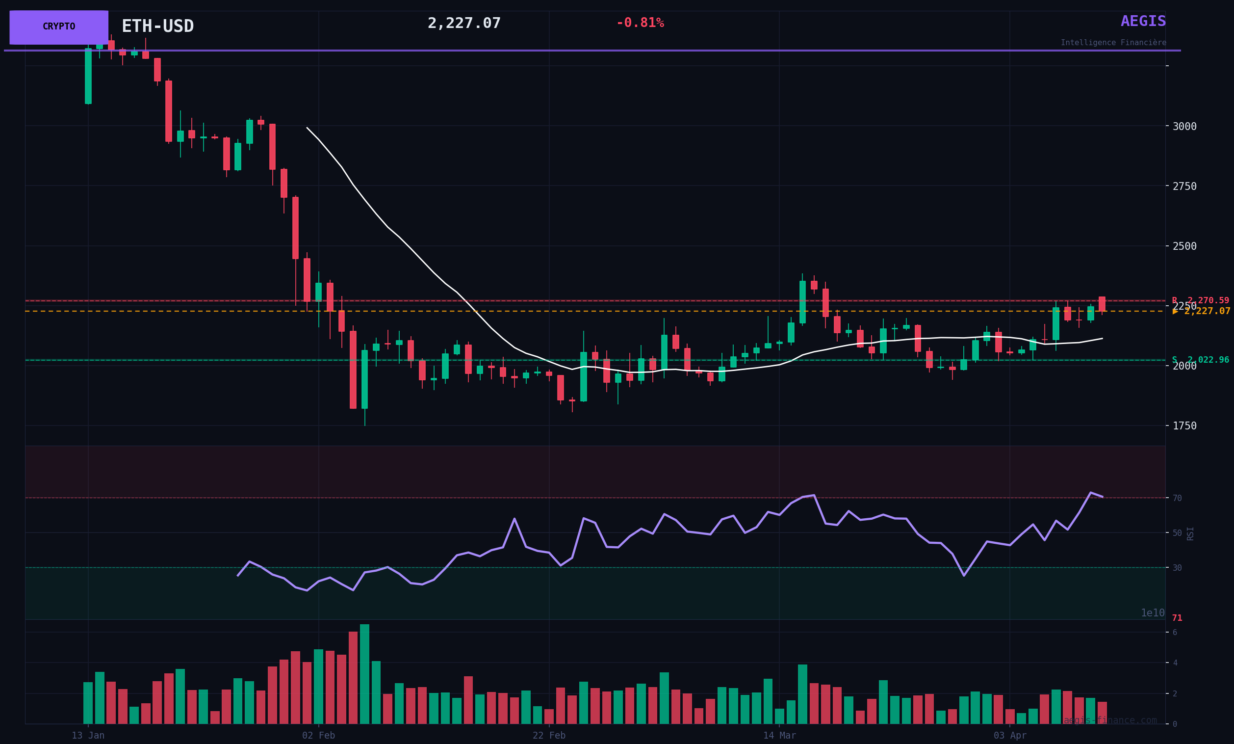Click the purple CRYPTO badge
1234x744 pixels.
coord(58,27)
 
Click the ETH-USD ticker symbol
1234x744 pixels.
coord(157,26)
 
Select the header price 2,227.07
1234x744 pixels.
coord(464,24)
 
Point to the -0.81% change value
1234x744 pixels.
coord(640,23)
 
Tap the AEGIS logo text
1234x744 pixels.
coord(1143,22)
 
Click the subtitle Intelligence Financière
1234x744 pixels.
coord(1113,43)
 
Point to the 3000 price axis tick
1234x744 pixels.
coord(1184,126)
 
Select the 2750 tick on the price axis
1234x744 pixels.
coord(1184,186)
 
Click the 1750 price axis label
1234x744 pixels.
coord(1184,426)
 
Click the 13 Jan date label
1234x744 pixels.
coord(88,736)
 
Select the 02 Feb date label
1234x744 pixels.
coord(318,736)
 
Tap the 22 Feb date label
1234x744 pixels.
coord(549,736)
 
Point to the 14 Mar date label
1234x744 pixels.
coord(779,736)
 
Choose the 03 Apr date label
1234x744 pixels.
coord(1010,736)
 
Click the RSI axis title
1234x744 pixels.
coord(1190,533)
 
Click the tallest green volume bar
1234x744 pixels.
coord(364,674)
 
